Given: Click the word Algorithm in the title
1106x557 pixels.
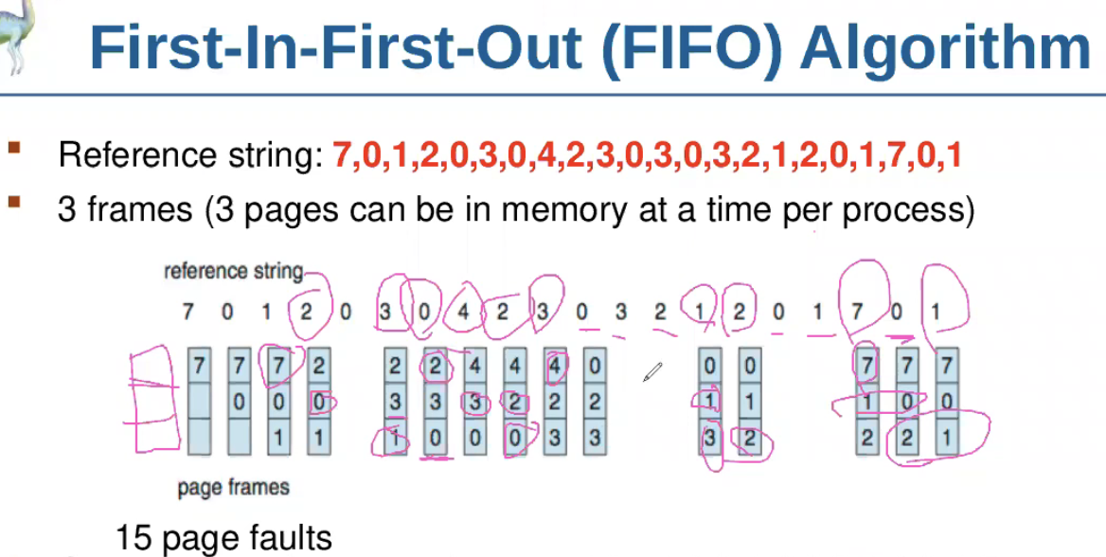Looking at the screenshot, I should click(x=945, y=47).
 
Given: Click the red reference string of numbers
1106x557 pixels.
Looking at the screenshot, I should click(x=647, y=154).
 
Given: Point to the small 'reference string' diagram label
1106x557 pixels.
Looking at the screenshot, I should click(x=234, y=272).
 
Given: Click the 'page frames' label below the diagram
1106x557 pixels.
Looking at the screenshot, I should click(x=233, y=488).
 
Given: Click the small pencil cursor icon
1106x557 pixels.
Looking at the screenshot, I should click(x=652, y=371).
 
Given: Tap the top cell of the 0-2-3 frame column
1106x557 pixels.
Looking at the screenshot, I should click(x=594, y=365).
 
